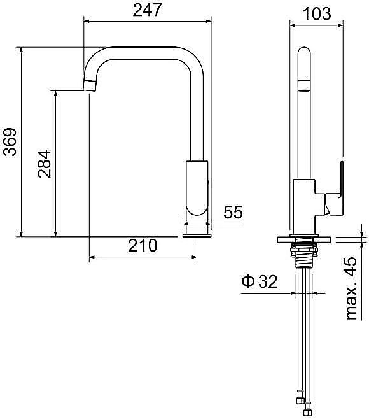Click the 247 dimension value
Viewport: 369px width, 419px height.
point(147,10)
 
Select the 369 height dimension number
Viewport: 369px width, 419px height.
point(10,142)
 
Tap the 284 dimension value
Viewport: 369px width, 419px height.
point(45,164)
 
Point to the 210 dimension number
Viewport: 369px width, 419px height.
point(143,245)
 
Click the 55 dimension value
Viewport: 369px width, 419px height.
point(233,212)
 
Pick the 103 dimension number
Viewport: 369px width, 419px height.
point(317,13)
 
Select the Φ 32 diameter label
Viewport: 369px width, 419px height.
point(260,281)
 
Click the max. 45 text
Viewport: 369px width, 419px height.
point(351,288)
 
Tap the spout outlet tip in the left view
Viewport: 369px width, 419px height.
point(89,86)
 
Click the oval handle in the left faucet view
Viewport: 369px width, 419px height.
point(197,188)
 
